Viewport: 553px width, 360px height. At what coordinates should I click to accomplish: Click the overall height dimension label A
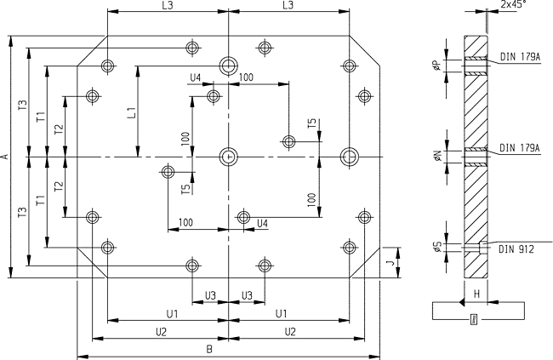click(5, 157)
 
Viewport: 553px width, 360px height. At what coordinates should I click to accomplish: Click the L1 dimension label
click(130, 111)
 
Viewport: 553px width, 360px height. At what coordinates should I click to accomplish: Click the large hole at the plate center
click(228, 156)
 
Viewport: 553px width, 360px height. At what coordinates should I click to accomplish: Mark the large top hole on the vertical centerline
click(228, 65)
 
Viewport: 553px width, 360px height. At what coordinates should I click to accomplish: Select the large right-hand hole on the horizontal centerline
click(349, 156)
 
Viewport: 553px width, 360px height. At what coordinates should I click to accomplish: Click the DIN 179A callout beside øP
click(520, 57)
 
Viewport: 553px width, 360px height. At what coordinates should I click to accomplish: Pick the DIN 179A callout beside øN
click(520, 147)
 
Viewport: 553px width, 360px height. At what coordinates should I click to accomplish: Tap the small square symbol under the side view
click(474, 319)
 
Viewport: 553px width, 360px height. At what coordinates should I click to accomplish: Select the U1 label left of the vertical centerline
click(171, 314)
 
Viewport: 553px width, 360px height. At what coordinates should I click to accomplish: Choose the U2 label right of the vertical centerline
click(289, 330)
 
